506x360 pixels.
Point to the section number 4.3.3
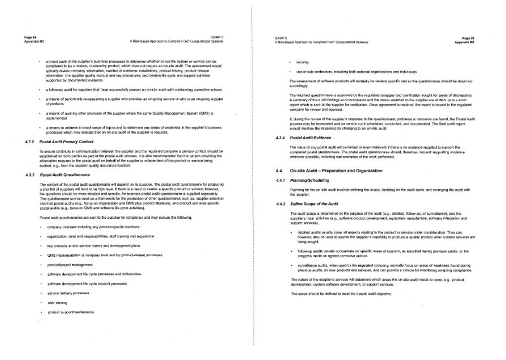tap(27, 175)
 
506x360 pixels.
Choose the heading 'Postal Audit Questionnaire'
tap(62, 175)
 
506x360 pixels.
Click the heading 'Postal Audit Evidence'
tap(310, 138)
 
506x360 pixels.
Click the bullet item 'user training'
tap(57, 302)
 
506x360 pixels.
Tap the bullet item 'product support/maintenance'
tap(71, 312)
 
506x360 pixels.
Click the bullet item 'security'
tap(302, 62)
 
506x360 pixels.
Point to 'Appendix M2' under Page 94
tap(34, 42)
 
